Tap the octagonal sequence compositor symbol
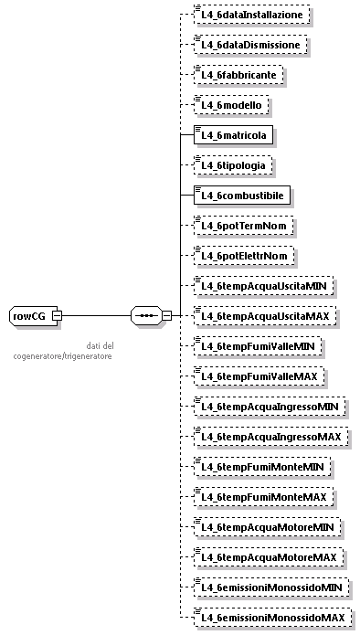tap(144, 316)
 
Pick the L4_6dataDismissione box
tap(250, 45)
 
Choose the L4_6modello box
tap(233, 105)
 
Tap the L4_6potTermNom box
tap(243, 226)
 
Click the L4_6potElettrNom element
tap(245, 256)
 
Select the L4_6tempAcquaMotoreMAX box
tap(269, 557)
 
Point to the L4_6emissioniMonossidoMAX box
tap(275, 618)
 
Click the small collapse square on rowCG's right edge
tap(57, 316)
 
